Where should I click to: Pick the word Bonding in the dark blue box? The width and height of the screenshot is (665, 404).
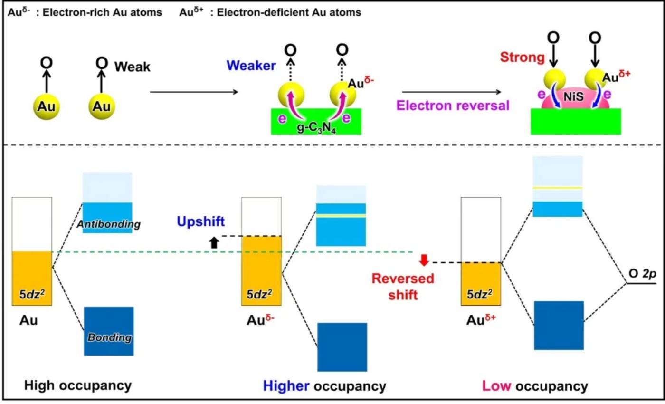(109, 338)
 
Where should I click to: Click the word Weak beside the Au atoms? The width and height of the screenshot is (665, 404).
(132, 67)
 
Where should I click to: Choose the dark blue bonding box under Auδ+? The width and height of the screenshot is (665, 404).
(559, 326)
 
